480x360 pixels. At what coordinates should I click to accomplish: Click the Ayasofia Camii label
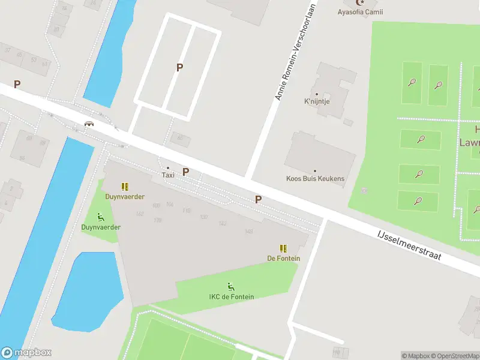click(x=360, y=12)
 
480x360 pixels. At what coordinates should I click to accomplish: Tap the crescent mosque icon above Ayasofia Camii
click(x=360, y=2)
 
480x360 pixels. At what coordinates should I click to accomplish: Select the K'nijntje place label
click(x=317, y=102)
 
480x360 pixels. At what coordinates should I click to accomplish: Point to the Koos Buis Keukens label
click(x=315, y=178)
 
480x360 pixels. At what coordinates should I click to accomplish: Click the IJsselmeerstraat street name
click(x=409, y=246)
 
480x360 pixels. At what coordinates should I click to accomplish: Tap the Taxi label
click(x=168, y=175)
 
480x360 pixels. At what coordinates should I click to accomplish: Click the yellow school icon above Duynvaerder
click(x=125, y=187)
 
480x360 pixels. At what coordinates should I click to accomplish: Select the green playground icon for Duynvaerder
click(x=101, y=218)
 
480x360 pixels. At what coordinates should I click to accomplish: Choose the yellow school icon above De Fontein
click(x=283, y=248)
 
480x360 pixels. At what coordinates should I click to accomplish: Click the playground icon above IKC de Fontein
click(x=231, y=287)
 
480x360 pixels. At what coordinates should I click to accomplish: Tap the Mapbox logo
click(x=26, y=353)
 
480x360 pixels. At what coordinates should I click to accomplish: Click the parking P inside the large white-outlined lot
click(x=179, y=68)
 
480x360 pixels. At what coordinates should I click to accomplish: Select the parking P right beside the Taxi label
click(x=186, y=172)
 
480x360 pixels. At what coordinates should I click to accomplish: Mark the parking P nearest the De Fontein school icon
click(x=258, y=199)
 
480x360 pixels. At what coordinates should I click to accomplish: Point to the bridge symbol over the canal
click(x=89, y=124)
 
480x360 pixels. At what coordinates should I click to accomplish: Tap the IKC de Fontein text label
click(x=231, y=297)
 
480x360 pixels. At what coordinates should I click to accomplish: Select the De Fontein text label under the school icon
click(x=283, y=259)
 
